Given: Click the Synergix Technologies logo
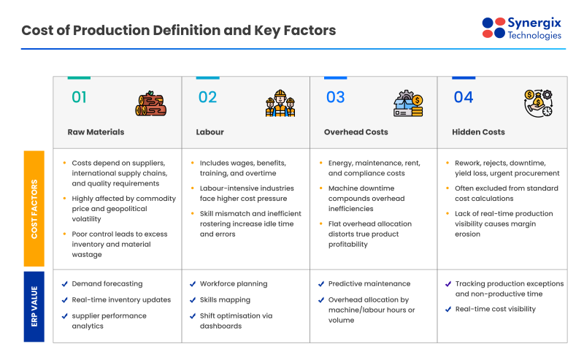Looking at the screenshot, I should click(523, 28).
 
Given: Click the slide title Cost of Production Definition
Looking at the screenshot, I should click(178, 31).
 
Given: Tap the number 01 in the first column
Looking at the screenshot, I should click(79, 97).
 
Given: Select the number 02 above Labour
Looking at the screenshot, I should click(207, 97).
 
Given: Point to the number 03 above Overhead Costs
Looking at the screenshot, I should click(335, 97).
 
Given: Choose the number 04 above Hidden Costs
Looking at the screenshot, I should click(464, 97).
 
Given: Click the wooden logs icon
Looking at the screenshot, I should click(151, 104).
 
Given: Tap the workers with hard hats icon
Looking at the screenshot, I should click(280, 104).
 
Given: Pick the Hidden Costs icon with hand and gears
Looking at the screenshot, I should click(538, 104).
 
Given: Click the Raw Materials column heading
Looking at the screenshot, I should click(96, 132).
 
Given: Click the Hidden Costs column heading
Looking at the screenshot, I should click(479, 132).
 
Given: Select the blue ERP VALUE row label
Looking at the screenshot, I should click(34, 306).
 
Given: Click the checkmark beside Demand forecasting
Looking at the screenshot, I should click(65, 283).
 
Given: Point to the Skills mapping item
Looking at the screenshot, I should click(225, 299).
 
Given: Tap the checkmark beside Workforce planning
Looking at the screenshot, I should click(193, 283).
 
